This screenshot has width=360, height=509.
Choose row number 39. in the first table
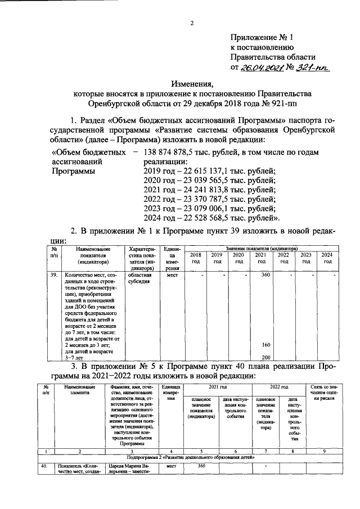point(54,276)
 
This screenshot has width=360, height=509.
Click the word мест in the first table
point(172,276)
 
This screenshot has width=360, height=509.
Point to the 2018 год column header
point(195,258)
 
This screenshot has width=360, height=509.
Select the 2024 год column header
point(326,258)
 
